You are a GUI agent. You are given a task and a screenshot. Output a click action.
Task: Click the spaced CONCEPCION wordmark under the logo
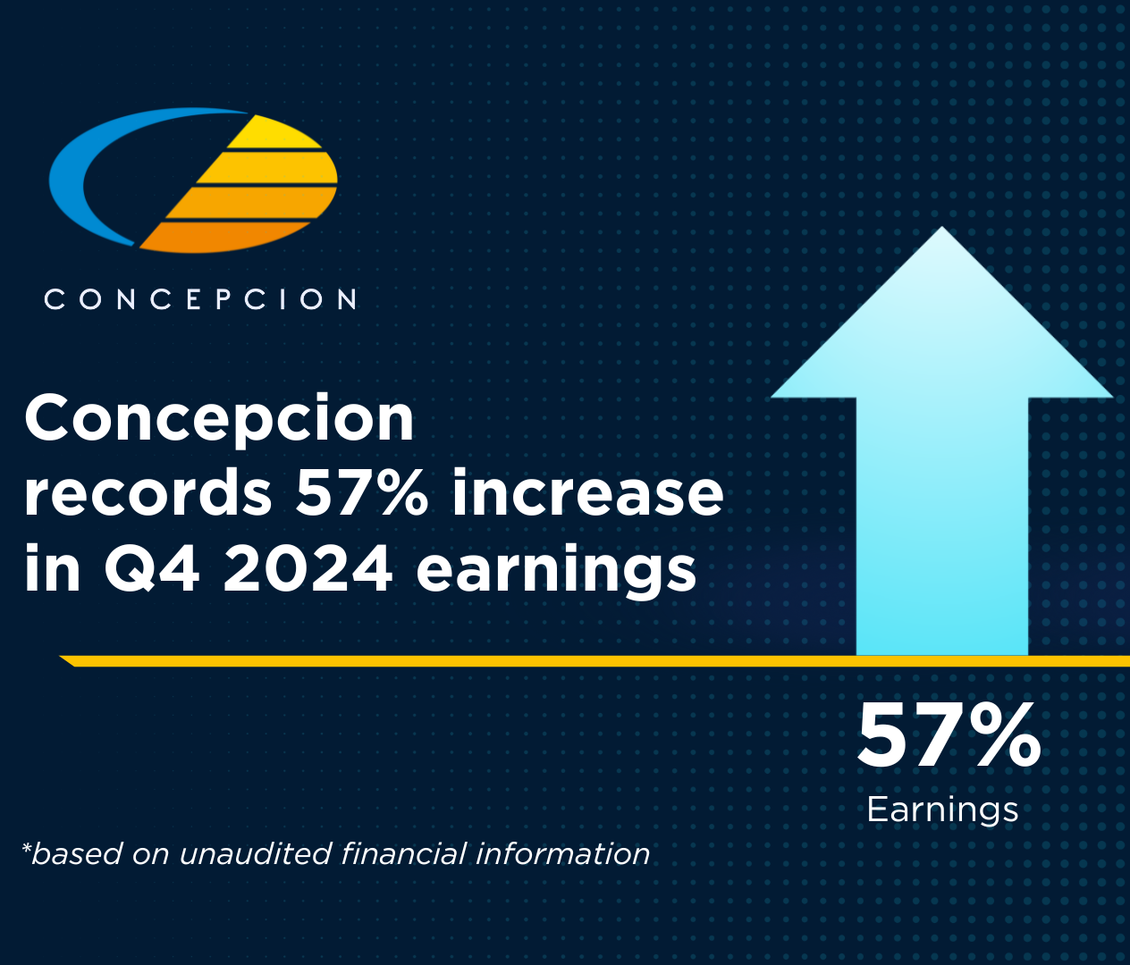200,299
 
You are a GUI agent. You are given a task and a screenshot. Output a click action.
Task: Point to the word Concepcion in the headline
219,418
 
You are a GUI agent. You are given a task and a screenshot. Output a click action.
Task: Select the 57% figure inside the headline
362,492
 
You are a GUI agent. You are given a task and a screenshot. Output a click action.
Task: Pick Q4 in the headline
151,568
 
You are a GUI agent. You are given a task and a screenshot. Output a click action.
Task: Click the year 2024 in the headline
308,568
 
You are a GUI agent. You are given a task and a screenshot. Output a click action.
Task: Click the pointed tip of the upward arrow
942,227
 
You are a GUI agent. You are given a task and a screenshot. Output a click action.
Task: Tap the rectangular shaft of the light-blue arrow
942,525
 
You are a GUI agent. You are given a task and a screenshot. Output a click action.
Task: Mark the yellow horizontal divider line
595,660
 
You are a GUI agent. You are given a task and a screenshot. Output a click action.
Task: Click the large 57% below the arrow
949,736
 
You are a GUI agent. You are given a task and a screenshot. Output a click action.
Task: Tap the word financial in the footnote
403,854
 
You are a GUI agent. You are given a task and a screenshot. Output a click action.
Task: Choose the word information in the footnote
563,854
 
